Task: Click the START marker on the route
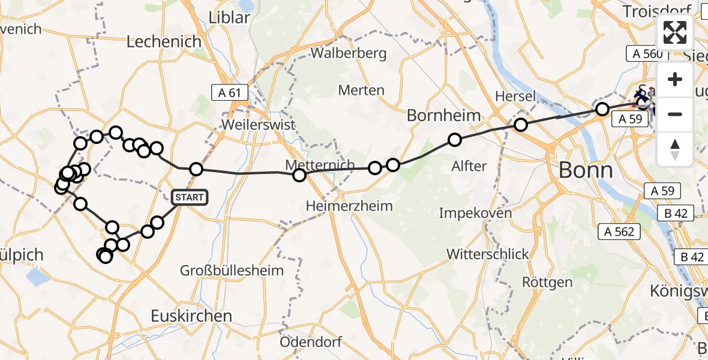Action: (190, 197)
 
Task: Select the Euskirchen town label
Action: (191, 316)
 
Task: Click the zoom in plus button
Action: (675, 80)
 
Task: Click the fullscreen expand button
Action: (675, 32)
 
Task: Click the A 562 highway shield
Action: (619, 231)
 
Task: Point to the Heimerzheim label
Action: (349, 206)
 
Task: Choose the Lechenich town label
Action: (164, 41)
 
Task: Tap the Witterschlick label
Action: (488, 254)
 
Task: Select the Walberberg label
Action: (349, 53)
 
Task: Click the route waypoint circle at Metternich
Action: (299, 175)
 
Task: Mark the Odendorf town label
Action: (311, 342)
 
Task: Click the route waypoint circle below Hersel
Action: (521, 125)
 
